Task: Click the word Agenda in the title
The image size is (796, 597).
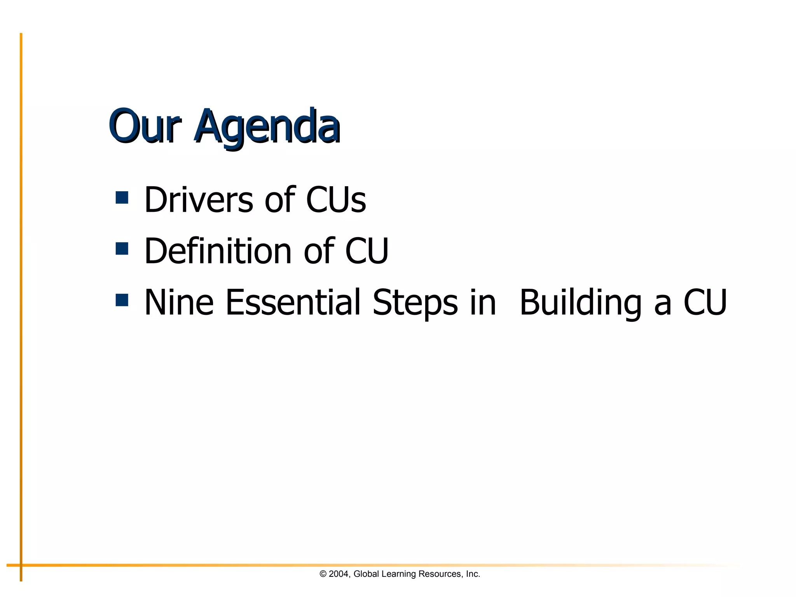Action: (267, 127)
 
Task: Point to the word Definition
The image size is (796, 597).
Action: (218, 251)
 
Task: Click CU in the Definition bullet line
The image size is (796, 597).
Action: (367, 251)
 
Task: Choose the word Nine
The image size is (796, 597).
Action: (179, 302)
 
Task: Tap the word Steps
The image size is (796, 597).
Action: (415, 303)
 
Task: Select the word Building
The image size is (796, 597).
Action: (580, 303)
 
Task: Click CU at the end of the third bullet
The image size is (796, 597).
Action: (705, 302)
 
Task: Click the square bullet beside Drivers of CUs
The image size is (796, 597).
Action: (122, 197)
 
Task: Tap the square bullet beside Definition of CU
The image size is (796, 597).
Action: (122, 249)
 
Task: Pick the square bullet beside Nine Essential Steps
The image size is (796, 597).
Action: (122, 300)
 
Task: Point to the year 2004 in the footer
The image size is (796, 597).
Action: (339, 574)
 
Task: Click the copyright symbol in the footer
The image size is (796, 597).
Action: (323, 574)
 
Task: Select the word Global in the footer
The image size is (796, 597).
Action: (366, 574)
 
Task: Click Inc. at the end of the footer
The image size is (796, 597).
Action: (473, 574)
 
